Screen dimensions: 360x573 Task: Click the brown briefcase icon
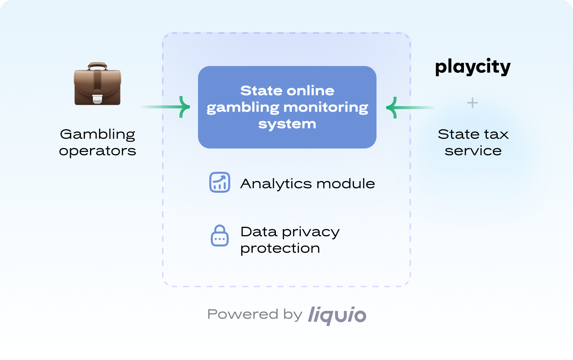[97, 84]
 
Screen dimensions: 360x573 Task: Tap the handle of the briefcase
[97, 66]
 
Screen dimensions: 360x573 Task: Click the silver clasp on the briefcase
[97, 98]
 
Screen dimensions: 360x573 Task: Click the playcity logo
[472, 67]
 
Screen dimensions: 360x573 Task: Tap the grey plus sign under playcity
[472, 103]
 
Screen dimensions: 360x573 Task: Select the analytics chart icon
[220, 183]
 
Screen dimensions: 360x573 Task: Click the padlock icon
[220, 236]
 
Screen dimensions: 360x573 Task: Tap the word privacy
[311, 232]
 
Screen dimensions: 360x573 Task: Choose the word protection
[280, 248]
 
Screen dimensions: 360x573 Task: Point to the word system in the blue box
[287, 124]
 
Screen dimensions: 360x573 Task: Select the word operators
[97, 151]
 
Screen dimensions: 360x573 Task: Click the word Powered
[243, 314]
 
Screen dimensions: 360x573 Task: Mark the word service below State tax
[473, 151]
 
